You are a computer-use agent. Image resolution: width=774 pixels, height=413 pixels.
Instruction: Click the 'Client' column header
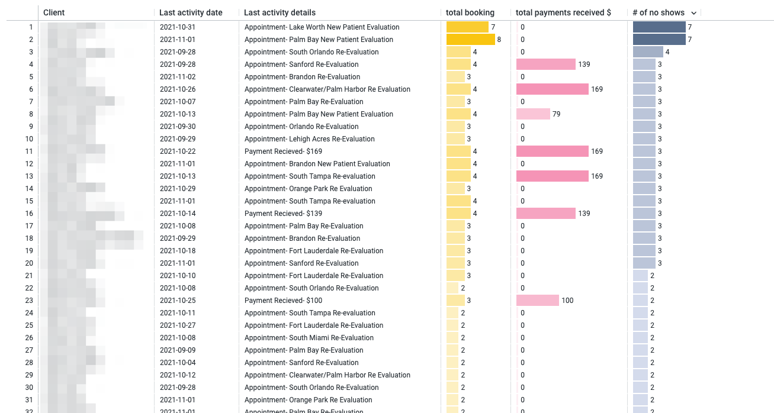click(54, 12)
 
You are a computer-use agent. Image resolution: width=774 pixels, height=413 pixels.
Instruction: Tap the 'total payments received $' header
click(563, 12)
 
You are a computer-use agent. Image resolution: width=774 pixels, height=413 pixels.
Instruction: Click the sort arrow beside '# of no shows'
click(693, 13)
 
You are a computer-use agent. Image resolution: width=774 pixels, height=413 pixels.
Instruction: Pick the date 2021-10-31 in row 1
click(178, 27)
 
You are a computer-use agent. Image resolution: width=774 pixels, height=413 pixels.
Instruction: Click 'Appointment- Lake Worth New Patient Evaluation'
click(322, 27)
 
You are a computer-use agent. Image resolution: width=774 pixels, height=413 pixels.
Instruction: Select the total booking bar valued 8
click(470, 40)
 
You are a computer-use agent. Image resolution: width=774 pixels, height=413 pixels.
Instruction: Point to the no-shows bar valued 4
click(648, 52)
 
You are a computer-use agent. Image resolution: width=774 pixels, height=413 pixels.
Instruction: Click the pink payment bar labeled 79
click(533, 114)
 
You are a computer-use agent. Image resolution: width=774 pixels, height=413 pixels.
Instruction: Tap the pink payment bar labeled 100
click(538, 301)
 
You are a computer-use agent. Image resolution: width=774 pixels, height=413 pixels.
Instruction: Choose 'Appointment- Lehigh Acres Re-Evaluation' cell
click(309, 139)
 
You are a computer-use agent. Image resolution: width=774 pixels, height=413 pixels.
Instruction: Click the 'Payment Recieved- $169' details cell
click(283, 151)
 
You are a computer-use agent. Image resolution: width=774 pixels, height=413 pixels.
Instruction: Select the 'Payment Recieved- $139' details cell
click(283, 214)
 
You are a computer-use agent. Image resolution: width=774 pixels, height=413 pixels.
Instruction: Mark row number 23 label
click(29, 301)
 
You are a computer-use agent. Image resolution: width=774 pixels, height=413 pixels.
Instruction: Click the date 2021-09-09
click(178, 350)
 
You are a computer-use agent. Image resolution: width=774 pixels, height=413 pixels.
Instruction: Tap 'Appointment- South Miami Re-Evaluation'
click(309, 338)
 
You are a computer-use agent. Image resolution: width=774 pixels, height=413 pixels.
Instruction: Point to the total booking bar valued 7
click(467, 27)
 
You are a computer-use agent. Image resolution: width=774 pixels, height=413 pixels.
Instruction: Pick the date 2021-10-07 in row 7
click(178, 102)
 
